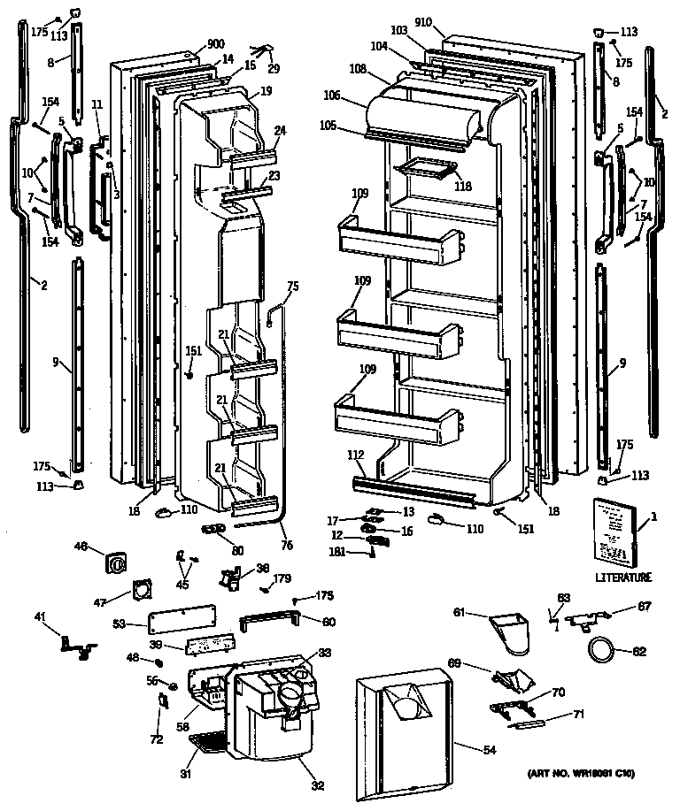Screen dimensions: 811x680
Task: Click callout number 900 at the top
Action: click(x=215, y=45)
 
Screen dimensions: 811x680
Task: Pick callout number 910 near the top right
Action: click(x=446, y=21)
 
